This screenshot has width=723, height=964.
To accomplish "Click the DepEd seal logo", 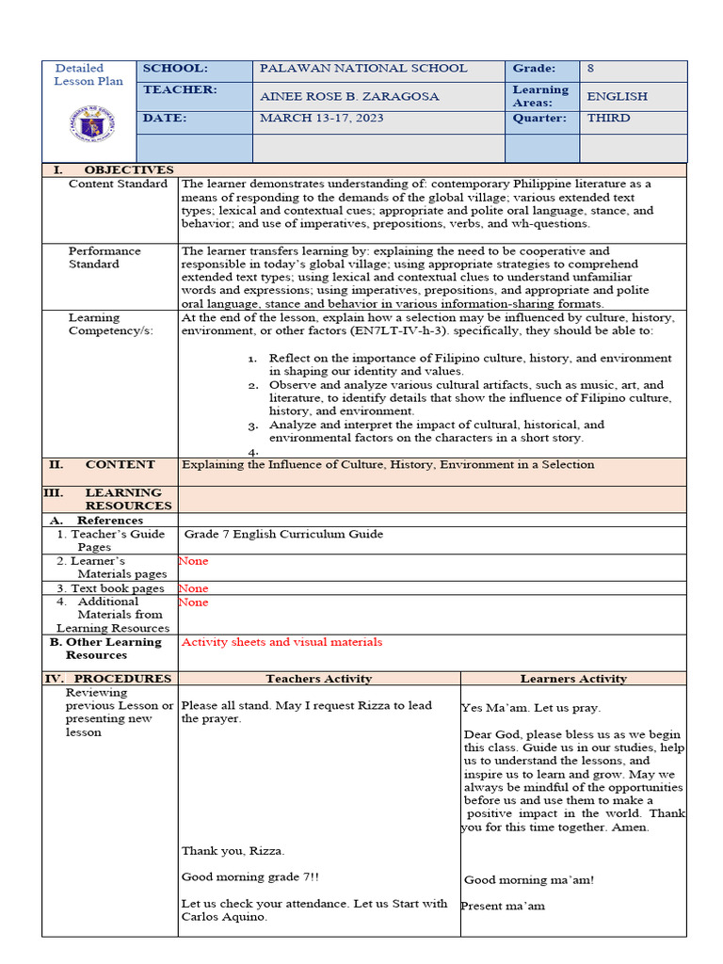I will pos(90,124).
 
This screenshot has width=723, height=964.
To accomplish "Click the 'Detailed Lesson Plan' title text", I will pos(88,74).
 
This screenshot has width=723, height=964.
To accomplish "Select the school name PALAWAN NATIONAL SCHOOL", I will pos(363,69).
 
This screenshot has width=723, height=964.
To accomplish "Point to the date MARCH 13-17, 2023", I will pos(321,119).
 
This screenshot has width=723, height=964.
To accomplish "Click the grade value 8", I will pos(590,69).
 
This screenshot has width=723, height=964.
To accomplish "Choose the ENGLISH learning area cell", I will pos(617,96).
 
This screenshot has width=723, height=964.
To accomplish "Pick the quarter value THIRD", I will pos(608,119).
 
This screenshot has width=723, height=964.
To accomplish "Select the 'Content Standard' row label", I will pos(118,185).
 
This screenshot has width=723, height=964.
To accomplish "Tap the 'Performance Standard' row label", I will pos(104,258).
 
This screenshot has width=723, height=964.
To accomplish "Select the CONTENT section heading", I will pos(120,465).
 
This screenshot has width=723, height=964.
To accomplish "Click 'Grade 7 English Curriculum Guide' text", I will pos(283,535).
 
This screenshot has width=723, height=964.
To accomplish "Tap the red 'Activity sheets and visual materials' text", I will pos(281,642).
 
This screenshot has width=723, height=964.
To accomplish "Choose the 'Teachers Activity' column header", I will pos(318,679).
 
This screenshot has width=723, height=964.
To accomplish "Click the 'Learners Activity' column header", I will pos(573,679).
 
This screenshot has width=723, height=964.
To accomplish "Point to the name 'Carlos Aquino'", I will pos(223,918).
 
